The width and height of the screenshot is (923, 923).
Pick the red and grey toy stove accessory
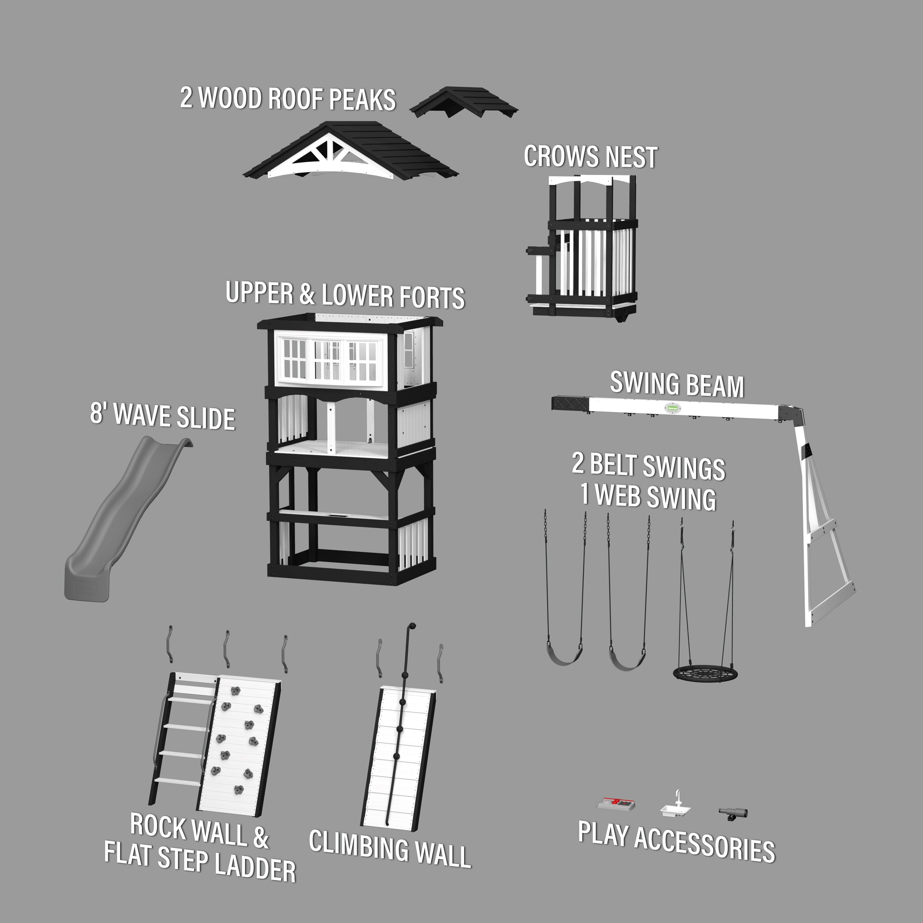pyautogui.click(x=616, y=804)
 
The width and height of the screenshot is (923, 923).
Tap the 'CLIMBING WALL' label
pyautogui.click(x=390, y=855)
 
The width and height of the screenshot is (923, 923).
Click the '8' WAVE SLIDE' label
pyautogui.click(x=162, y=416)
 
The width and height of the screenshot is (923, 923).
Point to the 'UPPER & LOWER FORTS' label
pyautogui.click(x=345, y=295)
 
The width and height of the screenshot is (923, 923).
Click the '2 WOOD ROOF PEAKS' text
pyautogui.click(x=288, y=99)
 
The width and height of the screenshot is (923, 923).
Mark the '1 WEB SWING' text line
pyautogui.click(x=648, y=497)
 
